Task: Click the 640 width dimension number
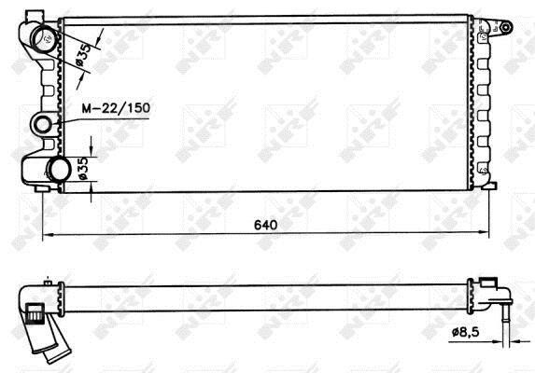pos(265,225)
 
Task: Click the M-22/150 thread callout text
pos(116,108)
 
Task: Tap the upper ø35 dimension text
pos(83,54)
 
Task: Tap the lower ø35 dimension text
pos(84,168)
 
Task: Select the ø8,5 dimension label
pos(466,331)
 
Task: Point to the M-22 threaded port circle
pos(43,124)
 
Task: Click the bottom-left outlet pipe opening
pos(60,170)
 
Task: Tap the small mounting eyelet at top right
pos(506,27)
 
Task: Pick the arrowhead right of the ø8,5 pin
pos(514,340)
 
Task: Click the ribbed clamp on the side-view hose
pos(35,312)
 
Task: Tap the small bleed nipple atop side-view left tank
pos(48,283)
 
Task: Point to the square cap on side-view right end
pos(488,283)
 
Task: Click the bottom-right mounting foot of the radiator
pos(489,186)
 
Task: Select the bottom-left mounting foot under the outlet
pos(42,188)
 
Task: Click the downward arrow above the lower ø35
pos(92,146)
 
